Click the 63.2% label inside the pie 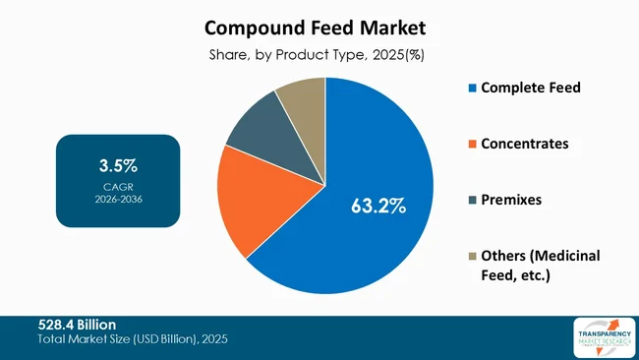point(378,207)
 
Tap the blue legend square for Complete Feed point(472,89)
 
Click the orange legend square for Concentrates point(472,145)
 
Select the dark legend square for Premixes point(472,200)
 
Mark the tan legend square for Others point(472,256)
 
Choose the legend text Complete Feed point(531,88)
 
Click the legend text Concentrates point(526,144)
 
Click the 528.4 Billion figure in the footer point(78,324)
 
